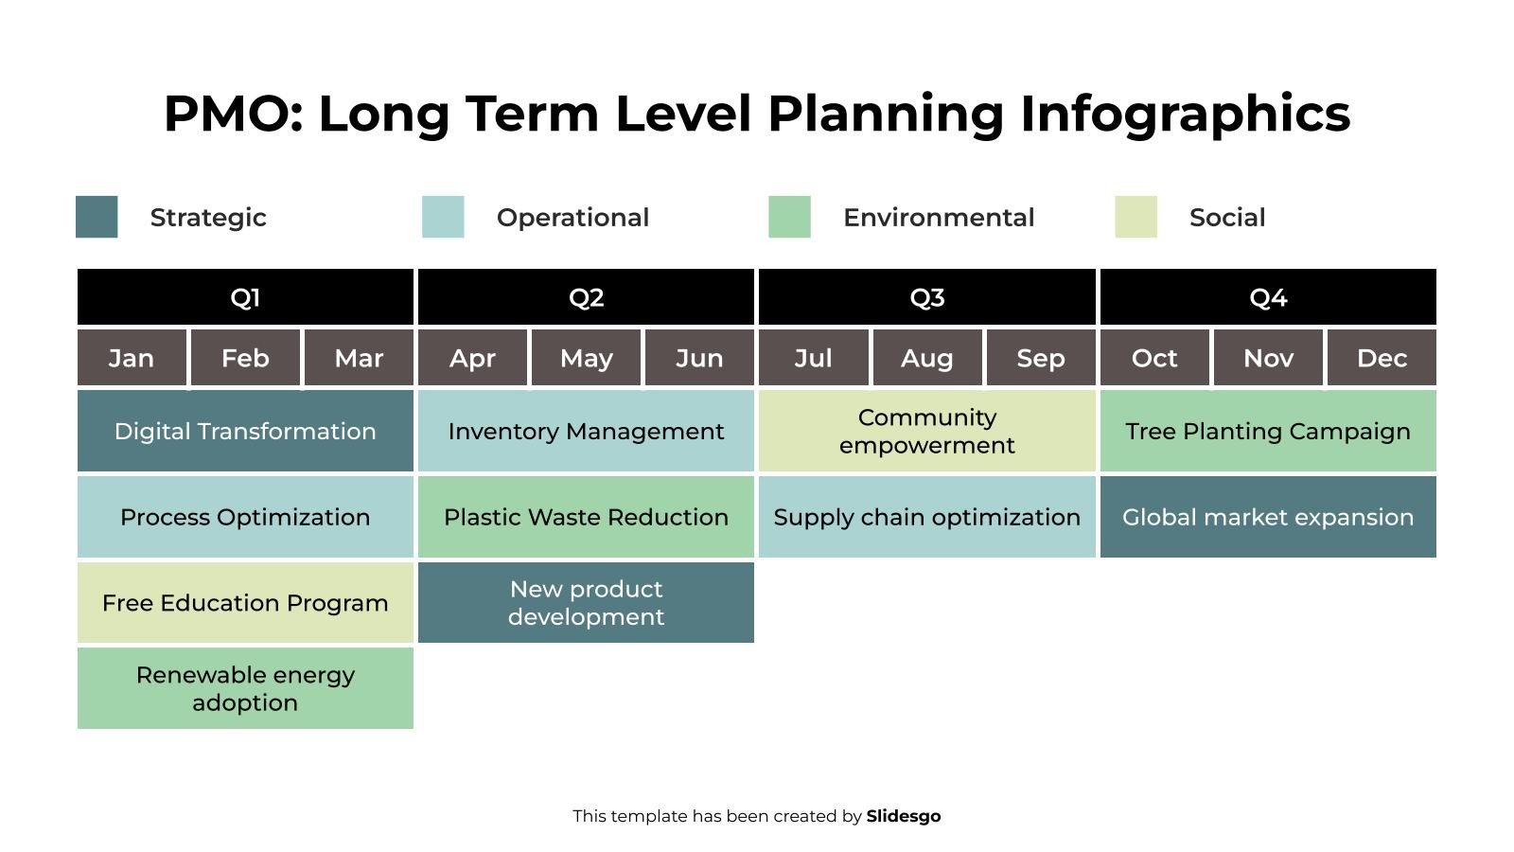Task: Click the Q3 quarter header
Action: [926, 297]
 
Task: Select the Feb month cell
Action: [245, 358]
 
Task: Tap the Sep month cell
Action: [1040, 358]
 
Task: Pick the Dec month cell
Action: [1382, 358]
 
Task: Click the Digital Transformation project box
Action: [245, 431]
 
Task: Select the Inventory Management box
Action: [586, 431]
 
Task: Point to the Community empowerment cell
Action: [926, 431]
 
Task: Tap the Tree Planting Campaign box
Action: [1268, 431]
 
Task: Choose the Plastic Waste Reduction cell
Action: [586, 517]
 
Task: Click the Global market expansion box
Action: [1268, 517]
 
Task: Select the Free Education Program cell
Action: [245, 603]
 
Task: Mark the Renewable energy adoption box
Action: [245, 688]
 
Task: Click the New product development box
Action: [586, 603]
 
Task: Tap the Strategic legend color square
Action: [97, 217]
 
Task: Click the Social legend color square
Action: [1135, 217]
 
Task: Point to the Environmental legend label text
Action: [939, 218]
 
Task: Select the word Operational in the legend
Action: [572, 218]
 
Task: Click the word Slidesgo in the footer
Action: [904, 816]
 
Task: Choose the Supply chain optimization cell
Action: [926, 517]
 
